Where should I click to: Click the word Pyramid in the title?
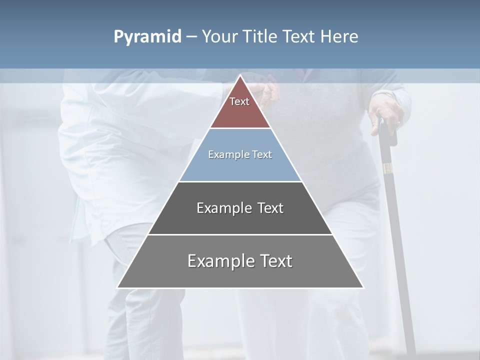pos(147,37)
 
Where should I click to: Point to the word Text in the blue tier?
pos(262,155)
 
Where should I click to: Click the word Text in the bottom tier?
pos(273,261)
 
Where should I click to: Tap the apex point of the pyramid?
pos(240,75)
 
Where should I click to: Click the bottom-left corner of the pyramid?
pos(117,287)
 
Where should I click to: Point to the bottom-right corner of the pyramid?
pos(363,287)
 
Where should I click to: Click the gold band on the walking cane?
pos(387,168)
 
